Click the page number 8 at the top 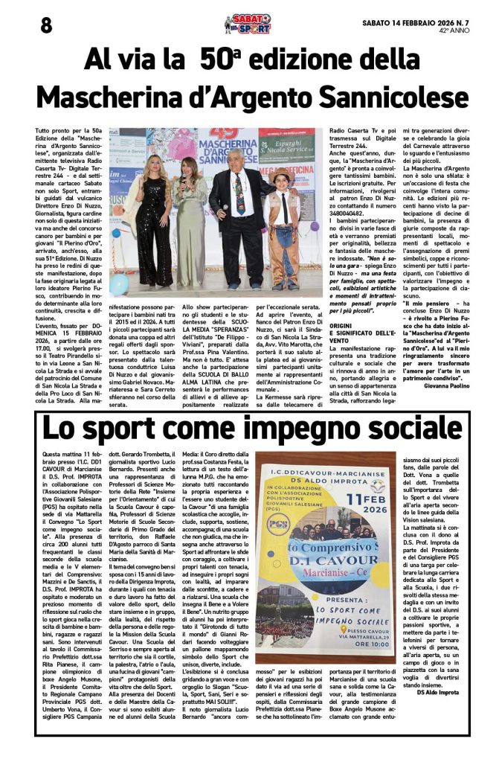(x=46, y=24)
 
